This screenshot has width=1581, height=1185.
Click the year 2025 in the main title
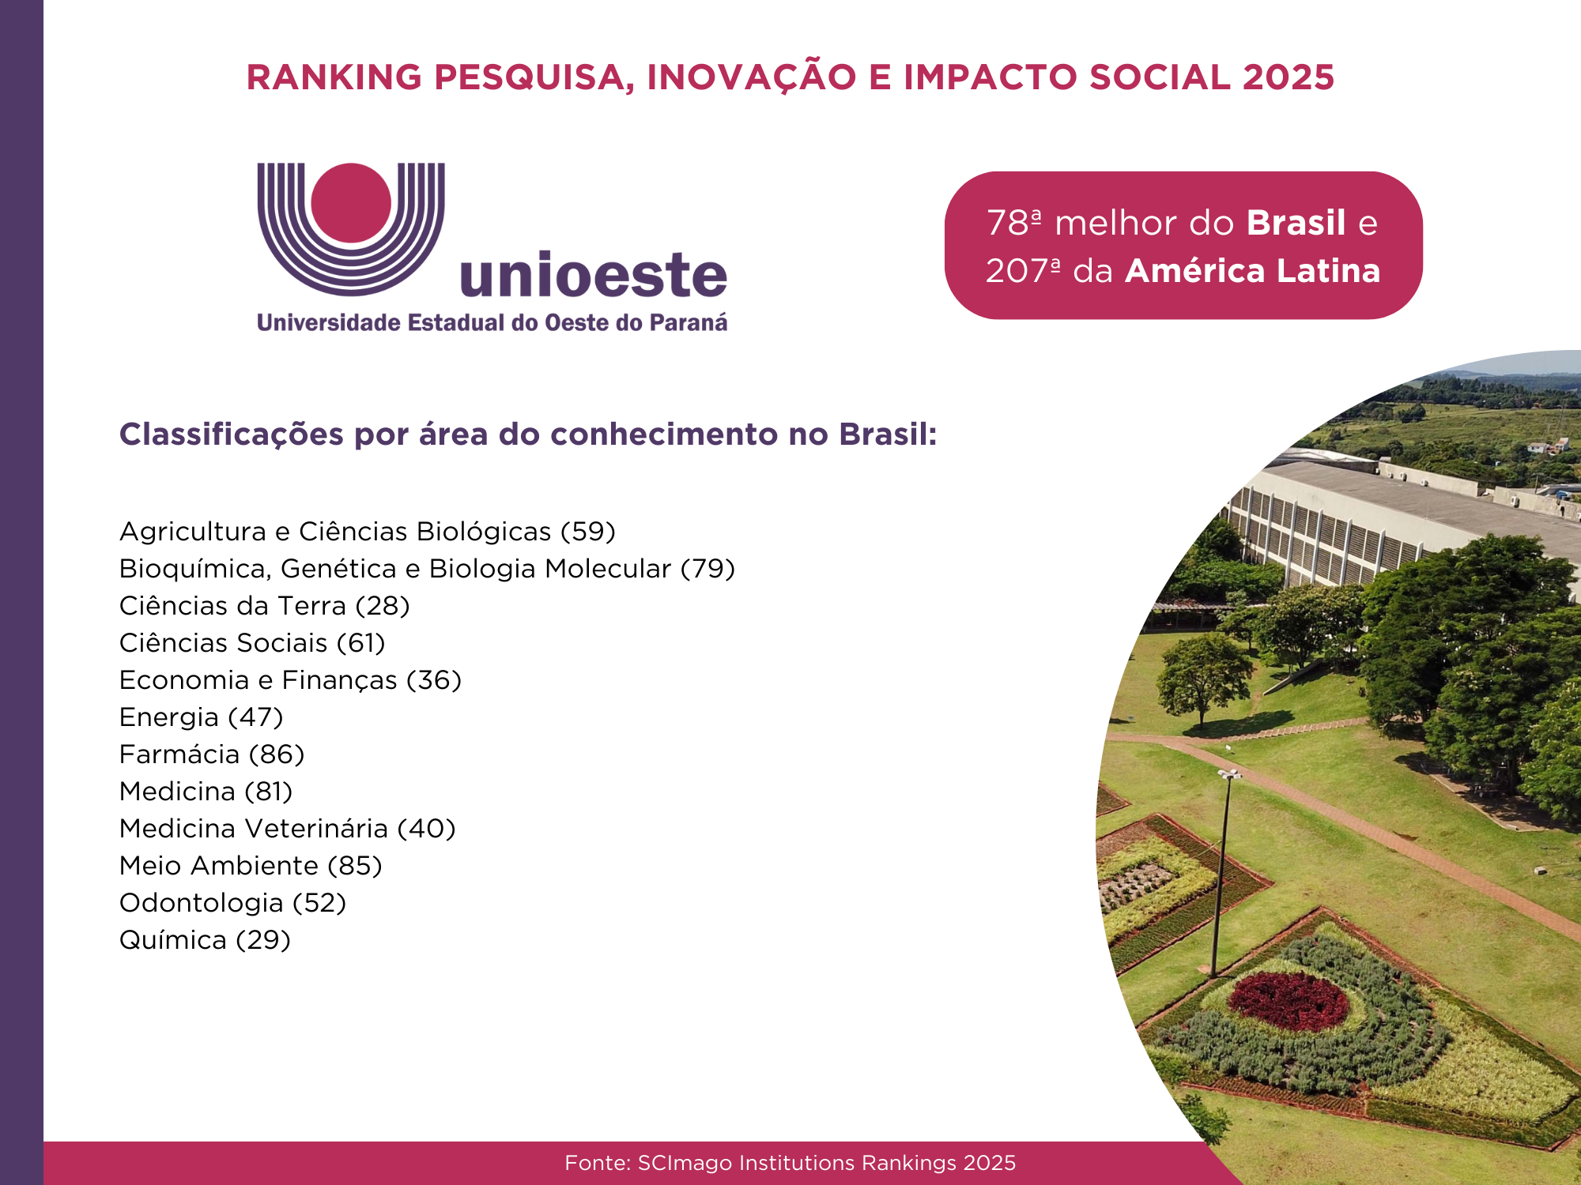(x=1288, y=77)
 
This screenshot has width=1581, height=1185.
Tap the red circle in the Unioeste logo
(x=351, y=202)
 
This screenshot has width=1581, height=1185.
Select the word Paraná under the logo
(x=689, y=322)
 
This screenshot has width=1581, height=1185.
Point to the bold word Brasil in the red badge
(x=1296, y=223)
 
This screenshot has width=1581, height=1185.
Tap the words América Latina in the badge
(x=1253, y=271)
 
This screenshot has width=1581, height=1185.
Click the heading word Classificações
(x=231, y=434)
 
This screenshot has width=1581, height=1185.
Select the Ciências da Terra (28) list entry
(x=265, y=606)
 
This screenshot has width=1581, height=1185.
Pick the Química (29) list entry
(x=205, y=940)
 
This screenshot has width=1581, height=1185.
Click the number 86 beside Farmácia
(x=276, y=754)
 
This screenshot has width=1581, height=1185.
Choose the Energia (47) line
(x=201, y=717)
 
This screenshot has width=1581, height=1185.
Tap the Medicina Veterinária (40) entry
(x=288, y=829)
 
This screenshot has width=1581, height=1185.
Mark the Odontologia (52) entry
(x=232, y=903)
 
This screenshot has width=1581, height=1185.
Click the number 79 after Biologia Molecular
(x=708, y=569)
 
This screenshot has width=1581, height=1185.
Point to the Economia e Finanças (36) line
(x=290, y=680)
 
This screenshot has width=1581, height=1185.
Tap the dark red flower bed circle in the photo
(x=1289, y=1001)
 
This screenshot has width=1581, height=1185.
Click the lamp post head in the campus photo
(x=1229, y=773)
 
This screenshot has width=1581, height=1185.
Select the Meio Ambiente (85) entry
(x=251, y=866)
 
